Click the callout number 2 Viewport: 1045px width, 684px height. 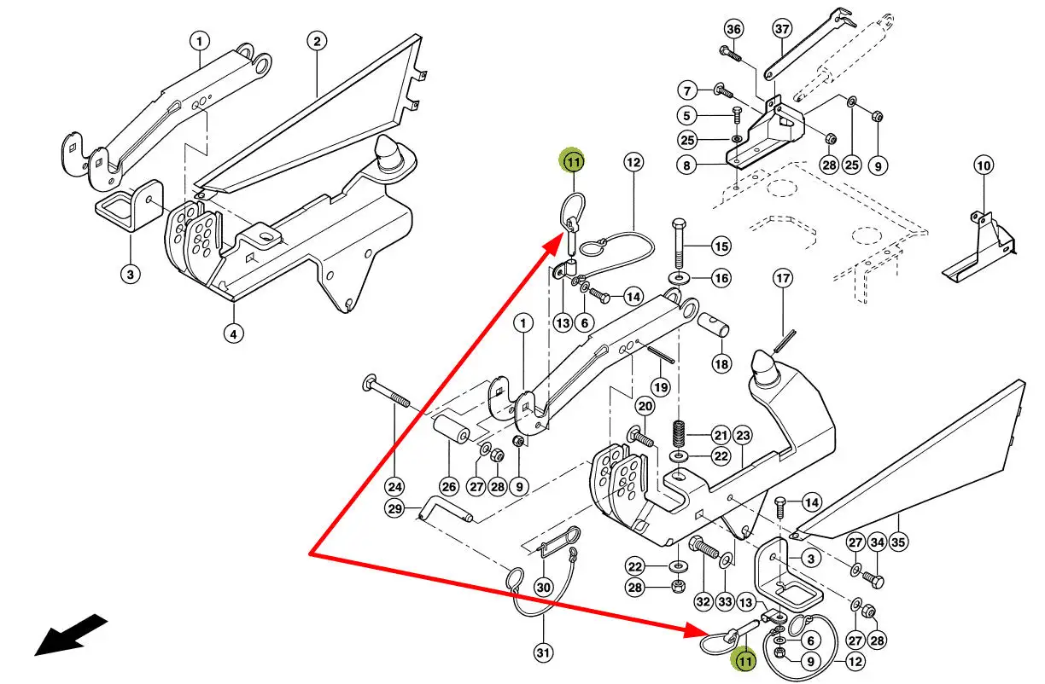317,41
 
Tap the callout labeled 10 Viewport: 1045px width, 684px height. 984,165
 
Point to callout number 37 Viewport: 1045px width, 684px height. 783,28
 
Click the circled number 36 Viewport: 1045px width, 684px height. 734,28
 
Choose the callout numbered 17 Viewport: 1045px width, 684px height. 783,278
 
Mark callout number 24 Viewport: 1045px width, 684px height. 394,487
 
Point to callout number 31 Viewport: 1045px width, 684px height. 543,653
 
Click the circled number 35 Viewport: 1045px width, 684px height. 899,541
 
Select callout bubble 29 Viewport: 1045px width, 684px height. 394,510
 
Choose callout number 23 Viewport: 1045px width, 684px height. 743,436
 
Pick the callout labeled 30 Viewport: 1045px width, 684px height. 543,587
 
